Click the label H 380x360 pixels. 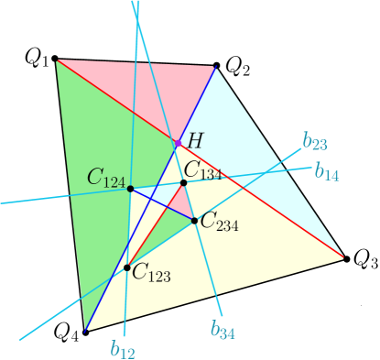tap(196, 140)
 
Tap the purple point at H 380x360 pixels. tap(177, 144)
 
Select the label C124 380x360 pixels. tap(106, 178)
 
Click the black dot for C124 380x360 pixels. tap(130, 189)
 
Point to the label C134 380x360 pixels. tap(202, 169)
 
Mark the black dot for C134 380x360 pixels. tap(183, 183)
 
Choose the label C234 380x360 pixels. tap(219, 221)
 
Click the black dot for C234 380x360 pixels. tap(194, 220)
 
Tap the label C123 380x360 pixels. tap(151, 271)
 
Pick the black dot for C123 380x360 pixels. tap(127, 267)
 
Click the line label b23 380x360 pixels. tap(314, 143)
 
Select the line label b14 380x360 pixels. tap(326, 171)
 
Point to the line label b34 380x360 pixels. tap(223, 331)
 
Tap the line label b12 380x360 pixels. tap(123, 348)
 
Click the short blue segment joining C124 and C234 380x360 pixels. tap(162, 204)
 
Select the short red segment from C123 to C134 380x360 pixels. tap(156, 225)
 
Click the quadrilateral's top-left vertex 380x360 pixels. tap(57, 60)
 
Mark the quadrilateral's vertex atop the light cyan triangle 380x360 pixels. tap(215, 67)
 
